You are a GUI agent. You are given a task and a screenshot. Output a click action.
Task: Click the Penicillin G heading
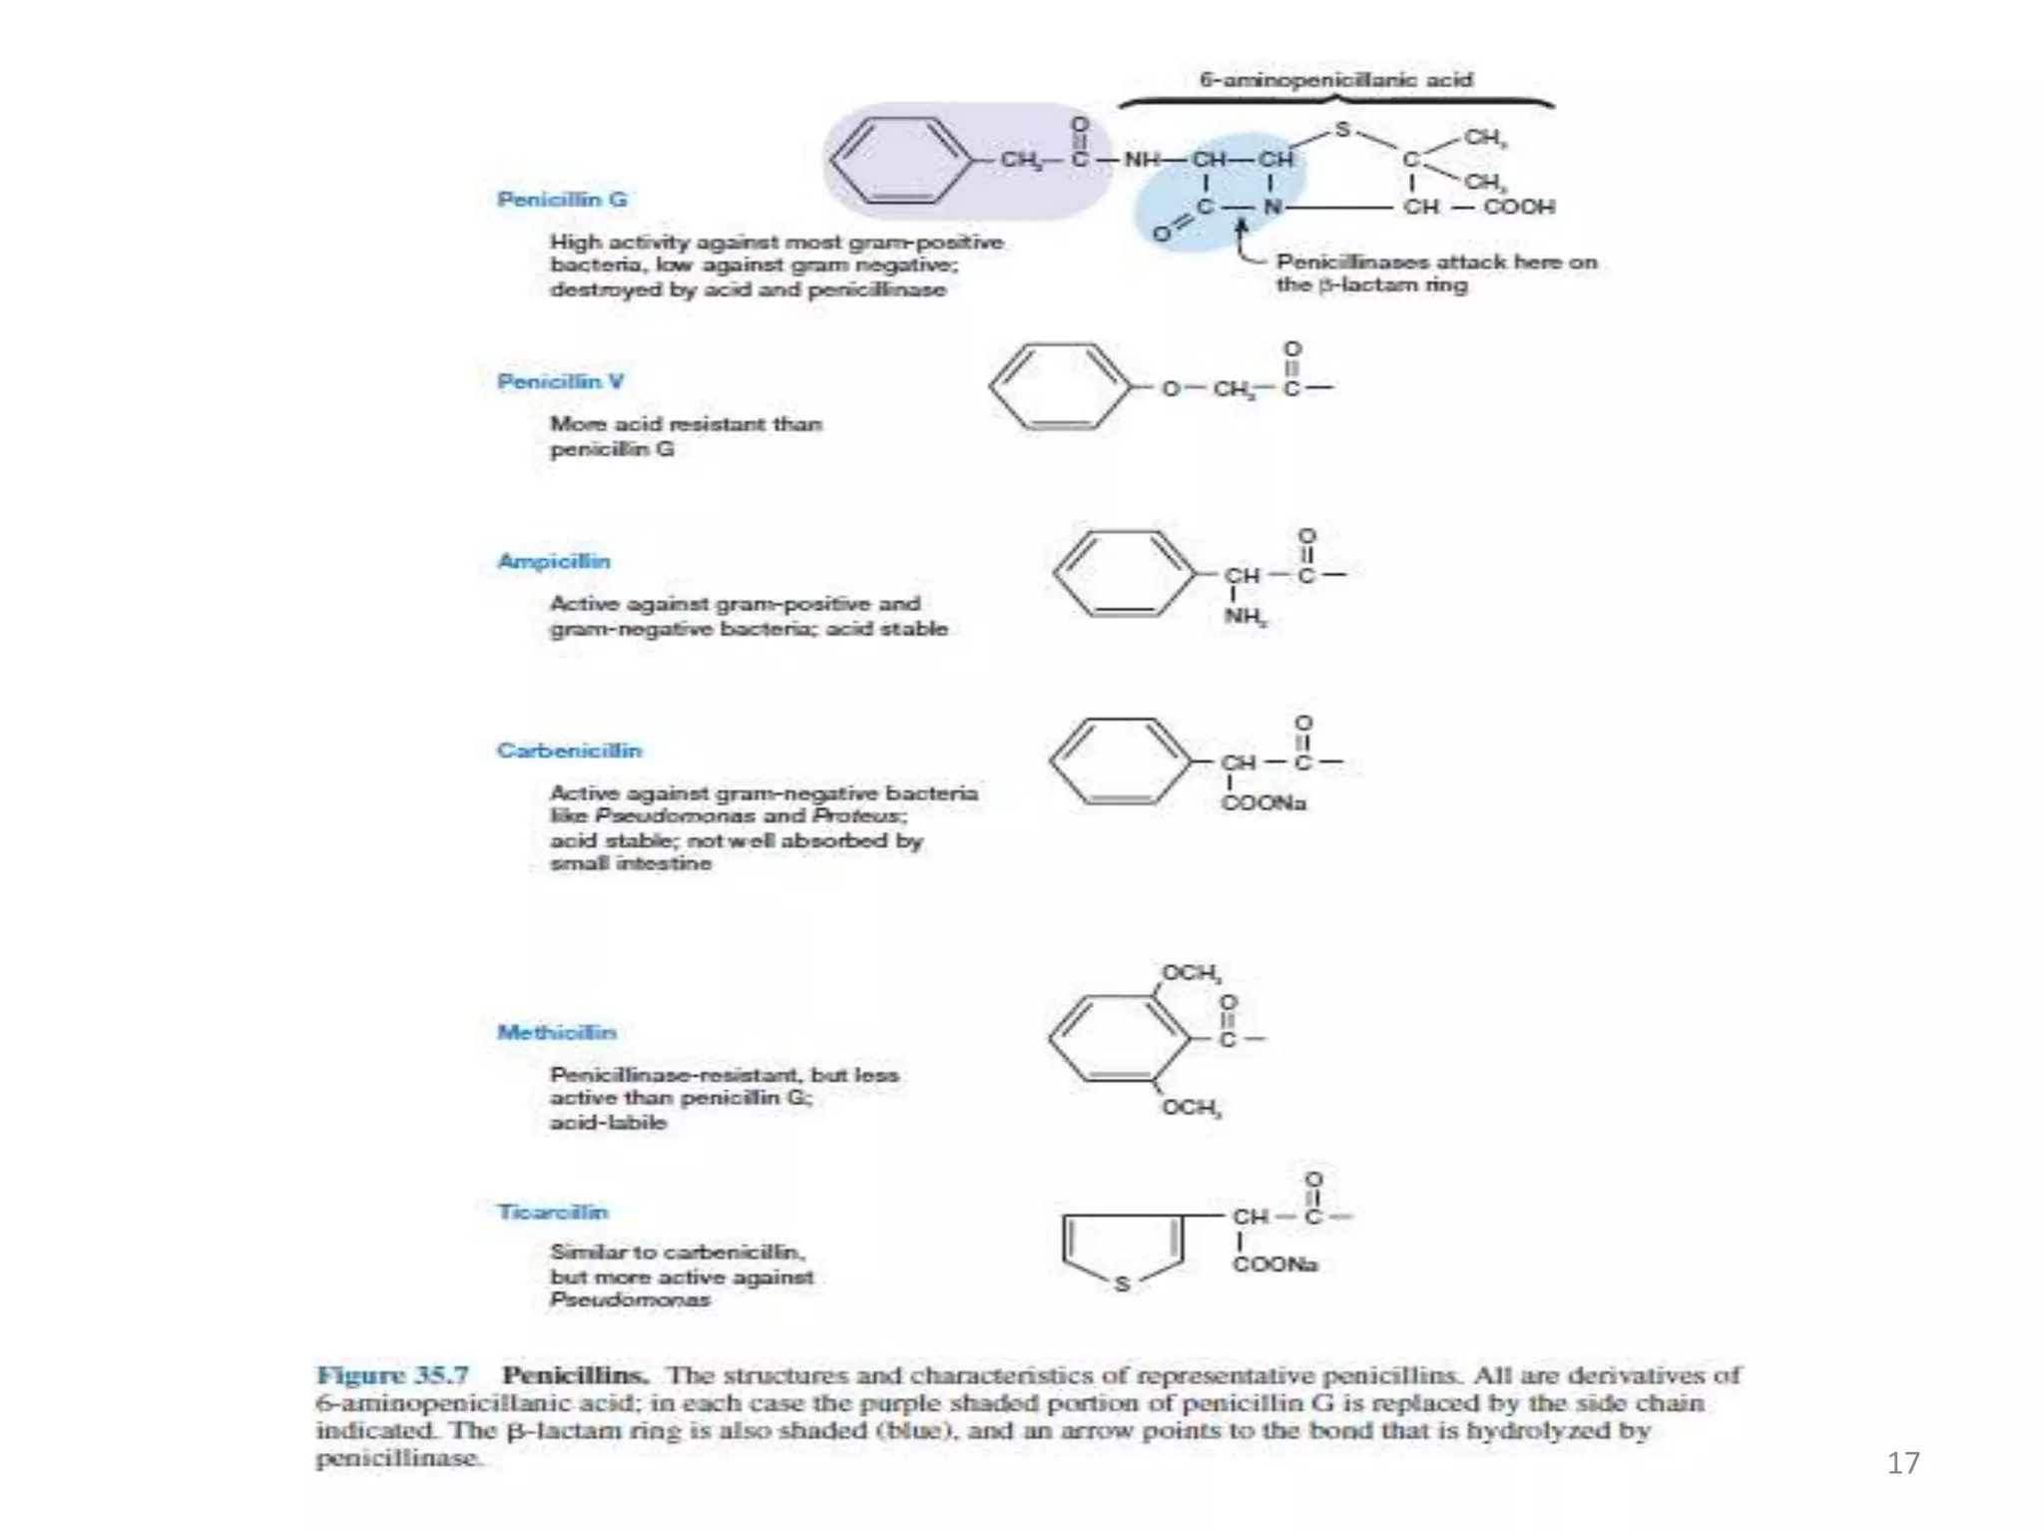562,200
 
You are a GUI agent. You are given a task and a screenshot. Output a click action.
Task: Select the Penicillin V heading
560,381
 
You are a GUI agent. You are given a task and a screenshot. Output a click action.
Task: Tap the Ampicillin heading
554,561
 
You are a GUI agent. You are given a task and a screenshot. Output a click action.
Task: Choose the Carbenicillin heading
569,751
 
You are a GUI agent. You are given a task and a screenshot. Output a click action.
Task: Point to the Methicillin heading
557,1032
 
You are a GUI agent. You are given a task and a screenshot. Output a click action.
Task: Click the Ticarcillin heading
553,1212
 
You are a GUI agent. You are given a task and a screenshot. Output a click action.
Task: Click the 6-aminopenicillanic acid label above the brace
1335,80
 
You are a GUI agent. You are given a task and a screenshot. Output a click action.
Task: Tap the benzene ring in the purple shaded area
901,160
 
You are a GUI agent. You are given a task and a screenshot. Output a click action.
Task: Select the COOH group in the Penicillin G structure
1518,207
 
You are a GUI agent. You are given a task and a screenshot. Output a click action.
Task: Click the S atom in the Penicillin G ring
1342,130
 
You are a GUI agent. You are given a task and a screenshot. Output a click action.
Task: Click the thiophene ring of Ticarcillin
1123,1248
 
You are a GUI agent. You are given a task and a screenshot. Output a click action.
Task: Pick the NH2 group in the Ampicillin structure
1246,616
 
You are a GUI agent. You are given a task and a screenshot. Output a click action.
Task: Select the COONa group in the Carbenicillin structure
1264,803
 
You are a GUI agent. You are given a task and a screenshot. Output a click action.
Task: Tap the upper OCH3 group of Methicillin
1191,973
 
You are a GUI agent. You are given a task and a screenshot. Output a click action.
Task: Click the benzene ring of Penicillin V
1062,387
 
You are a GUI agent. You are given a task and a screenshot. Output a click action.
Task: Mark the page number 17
1902,1463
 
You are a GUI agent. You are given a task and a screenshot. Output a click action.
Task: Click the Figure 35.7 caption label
392,1375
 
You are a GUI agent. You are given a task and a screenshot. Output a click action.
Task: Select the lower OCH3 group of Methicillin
1191,1108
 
